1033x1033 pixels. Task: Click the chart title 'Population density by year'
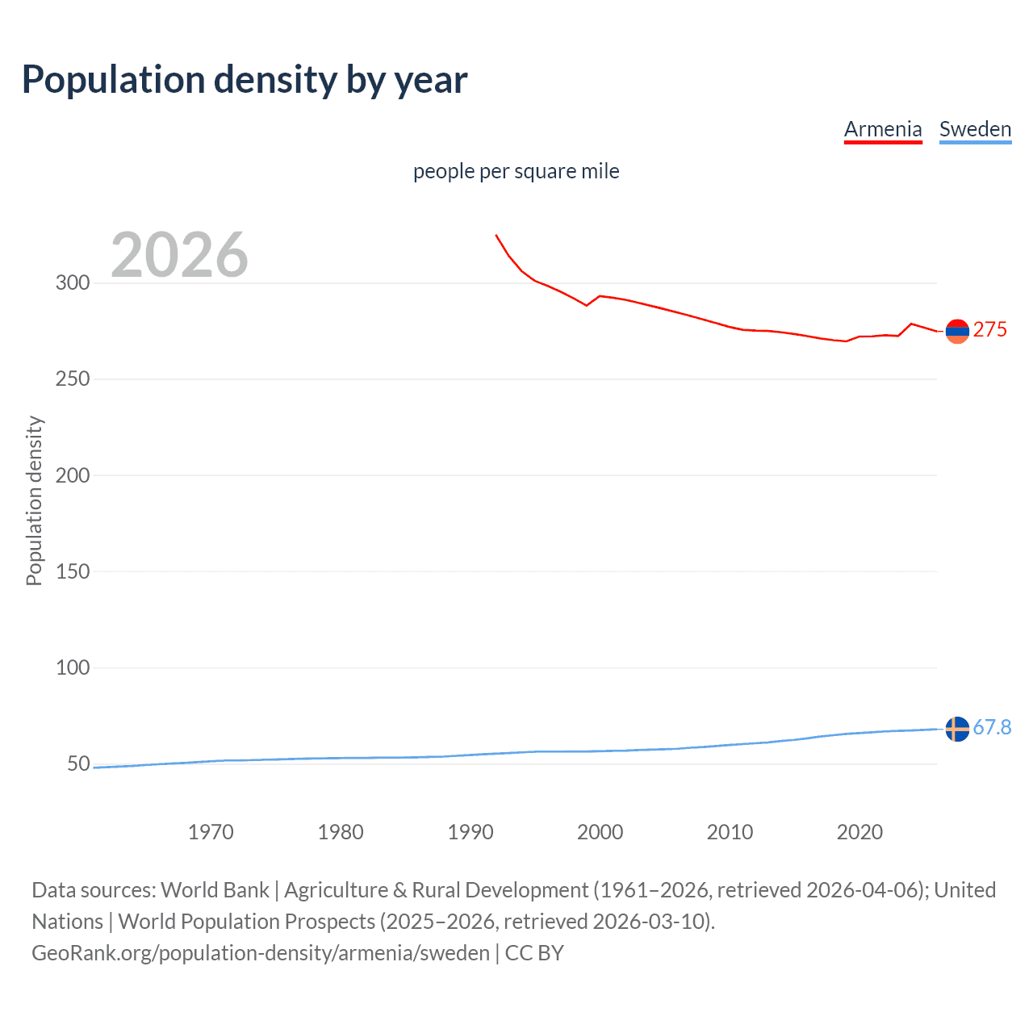pyautogui.click(x=245, y=80)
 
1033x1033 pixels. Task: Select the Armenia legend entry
pyautogui.click(x=883, y=129)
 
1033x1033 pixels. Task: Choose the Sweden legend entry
pyautogui.click(x=975, y=129)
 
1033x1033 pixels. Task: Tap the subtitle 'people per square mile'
pyautogui.click(x=516, y=171)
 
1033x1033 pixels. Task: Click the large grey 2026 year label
pyautogui.click(x=179, y=255)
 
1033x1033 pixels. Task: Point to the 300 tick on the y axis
pyautogui.click(x=72, y=283)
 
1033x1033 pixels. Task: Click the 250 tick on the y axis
pyautogui.click(x=72, y=379)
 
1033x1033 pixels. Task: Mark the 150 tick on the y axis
pyautogui.click(x=72, y=571)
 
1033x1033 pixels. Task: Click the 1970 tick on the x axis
pyautogui.click(x=211, y=832)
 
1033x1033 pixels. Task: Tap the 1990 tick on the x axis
pyautogui.click(x=470, y=832)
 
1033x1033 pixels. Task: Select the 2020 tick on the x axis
pyautogui.click(x=859, y=832)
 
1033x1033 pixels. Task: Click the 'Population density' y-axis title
pyautogui.click(x=34, y=500)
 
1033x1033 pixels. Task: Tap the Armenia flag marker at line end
pyautogui.click(x=957, y=331)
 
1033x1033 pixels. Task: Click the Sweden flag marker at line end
pyautogui.click(x=957, y=729)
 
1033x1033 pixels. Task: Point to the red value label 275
pyautogui.click(x=990, y=330)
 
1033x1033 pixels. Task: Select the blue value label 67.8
pyautogui.click(x=992, y=728)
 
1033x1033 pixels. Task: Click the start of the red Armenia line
pyautogui.click(x=496, y=236)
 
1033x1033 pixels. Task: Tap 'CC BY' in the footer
pyautogui.click(x=534, y=953)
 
